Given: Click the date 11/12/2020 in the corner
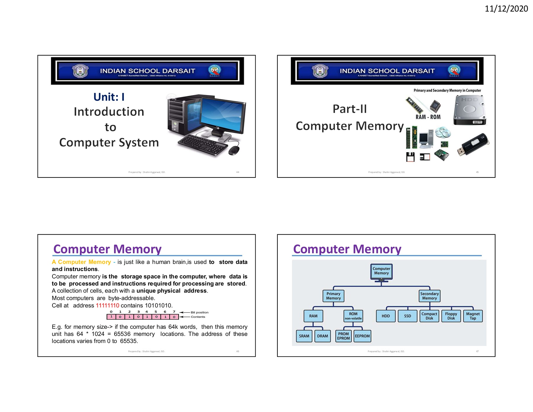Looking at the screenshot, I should (x=506, y=9).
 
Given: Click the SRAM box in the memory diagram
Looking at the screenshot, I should (x=304, y=336).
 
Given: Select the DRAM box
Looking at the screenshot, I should (x=322, y=336).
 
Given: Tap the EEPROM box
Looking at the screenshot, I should (x=362, y=336).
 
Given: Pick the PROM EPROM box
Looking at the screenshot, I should (x=343, y=336).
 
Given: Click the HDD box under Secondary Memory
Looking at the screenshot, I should (x=386, y=316).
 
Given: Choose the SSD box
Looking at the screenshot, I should (x=407, y=316).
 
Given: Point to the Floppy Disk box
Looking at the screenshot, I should (x=451, y=316).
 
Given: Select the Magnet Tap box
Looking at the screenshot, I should (x=473, y=316).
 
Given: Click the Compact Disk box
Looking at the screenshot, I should (x=429, y=316).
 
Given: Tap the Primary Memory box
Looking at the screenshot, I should (x=333, y=296).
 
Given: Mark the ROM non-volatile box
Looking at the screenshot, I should (x=353, y=316).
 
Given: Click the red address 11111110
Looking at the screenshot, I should (x=107, y=305).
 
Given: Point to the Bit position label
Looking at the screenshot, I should (x=200, y=312).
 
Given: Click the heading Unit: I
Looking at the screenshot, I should (x=109, y=97).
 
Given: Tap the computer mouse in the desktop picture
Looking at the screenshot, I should (x=234, y=150).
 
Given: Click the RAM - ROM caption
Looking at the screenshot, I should (x=428, y=117).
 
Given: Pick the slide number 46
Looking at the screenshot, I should (x=237, y=351).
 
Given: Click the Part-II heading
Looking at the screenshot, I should (x=350, y=109).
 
